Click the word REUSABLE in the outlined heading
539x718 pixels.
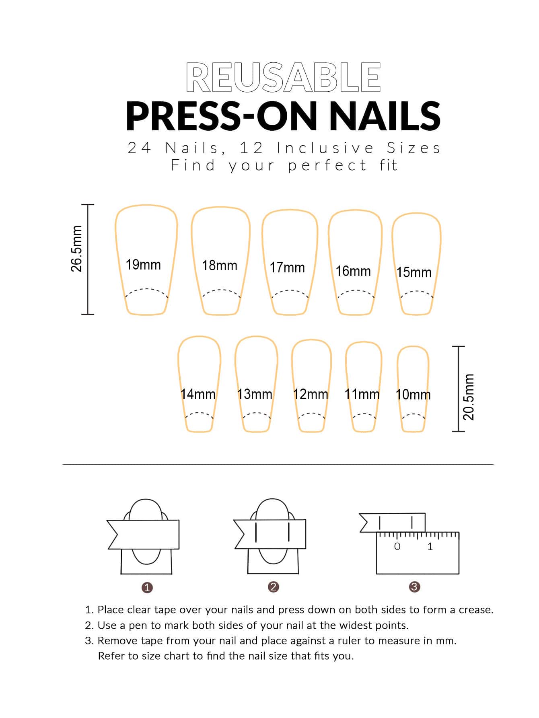tap(283, 78)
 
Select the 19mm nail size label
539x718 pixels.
tap(143, 265)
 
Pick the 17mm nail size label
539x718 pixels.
tap(287, 267)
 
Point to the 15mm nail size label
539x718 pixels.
tap(414, 272)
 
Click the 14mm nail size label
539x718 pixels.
tap(198, 394)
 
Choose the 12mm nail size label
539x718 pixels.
tap(311, 394)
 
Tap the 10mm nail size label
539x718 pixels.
tap(413, 395)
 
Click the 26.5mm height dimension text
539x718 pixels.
tap(76, 249)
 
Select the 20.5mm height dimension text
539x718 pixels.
tap(469, 397)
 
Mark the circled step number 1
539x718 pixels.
tap(147, 588)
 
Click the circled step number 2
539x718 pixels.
tap(273, 587)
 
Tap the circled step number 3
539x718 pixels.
tap(414, 587)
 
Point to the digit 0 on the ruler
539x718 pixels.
tap(397, 546)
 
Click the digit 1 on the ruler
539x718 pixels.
tap(430, 546)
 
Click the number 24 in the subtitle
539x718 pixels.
tap(139, 148)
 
